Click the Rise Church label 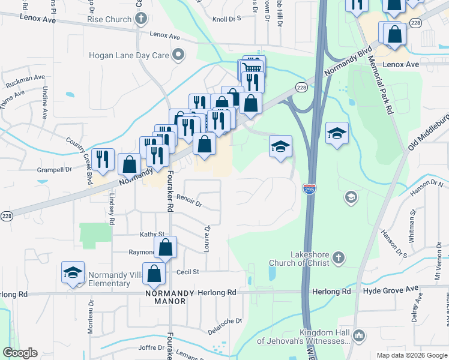tap(109, 19)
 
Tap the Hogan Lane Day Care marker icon tap(178, 55)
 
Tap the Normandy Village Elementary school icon tap(73, 273)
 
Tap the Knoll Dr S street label tap(226, 19)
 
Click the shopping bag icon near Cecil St tap(154, 274)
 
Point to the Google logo tap(20, 353)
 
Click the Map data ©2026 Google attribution tap(411, 355)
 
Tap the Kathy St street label tap(152, 234)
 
